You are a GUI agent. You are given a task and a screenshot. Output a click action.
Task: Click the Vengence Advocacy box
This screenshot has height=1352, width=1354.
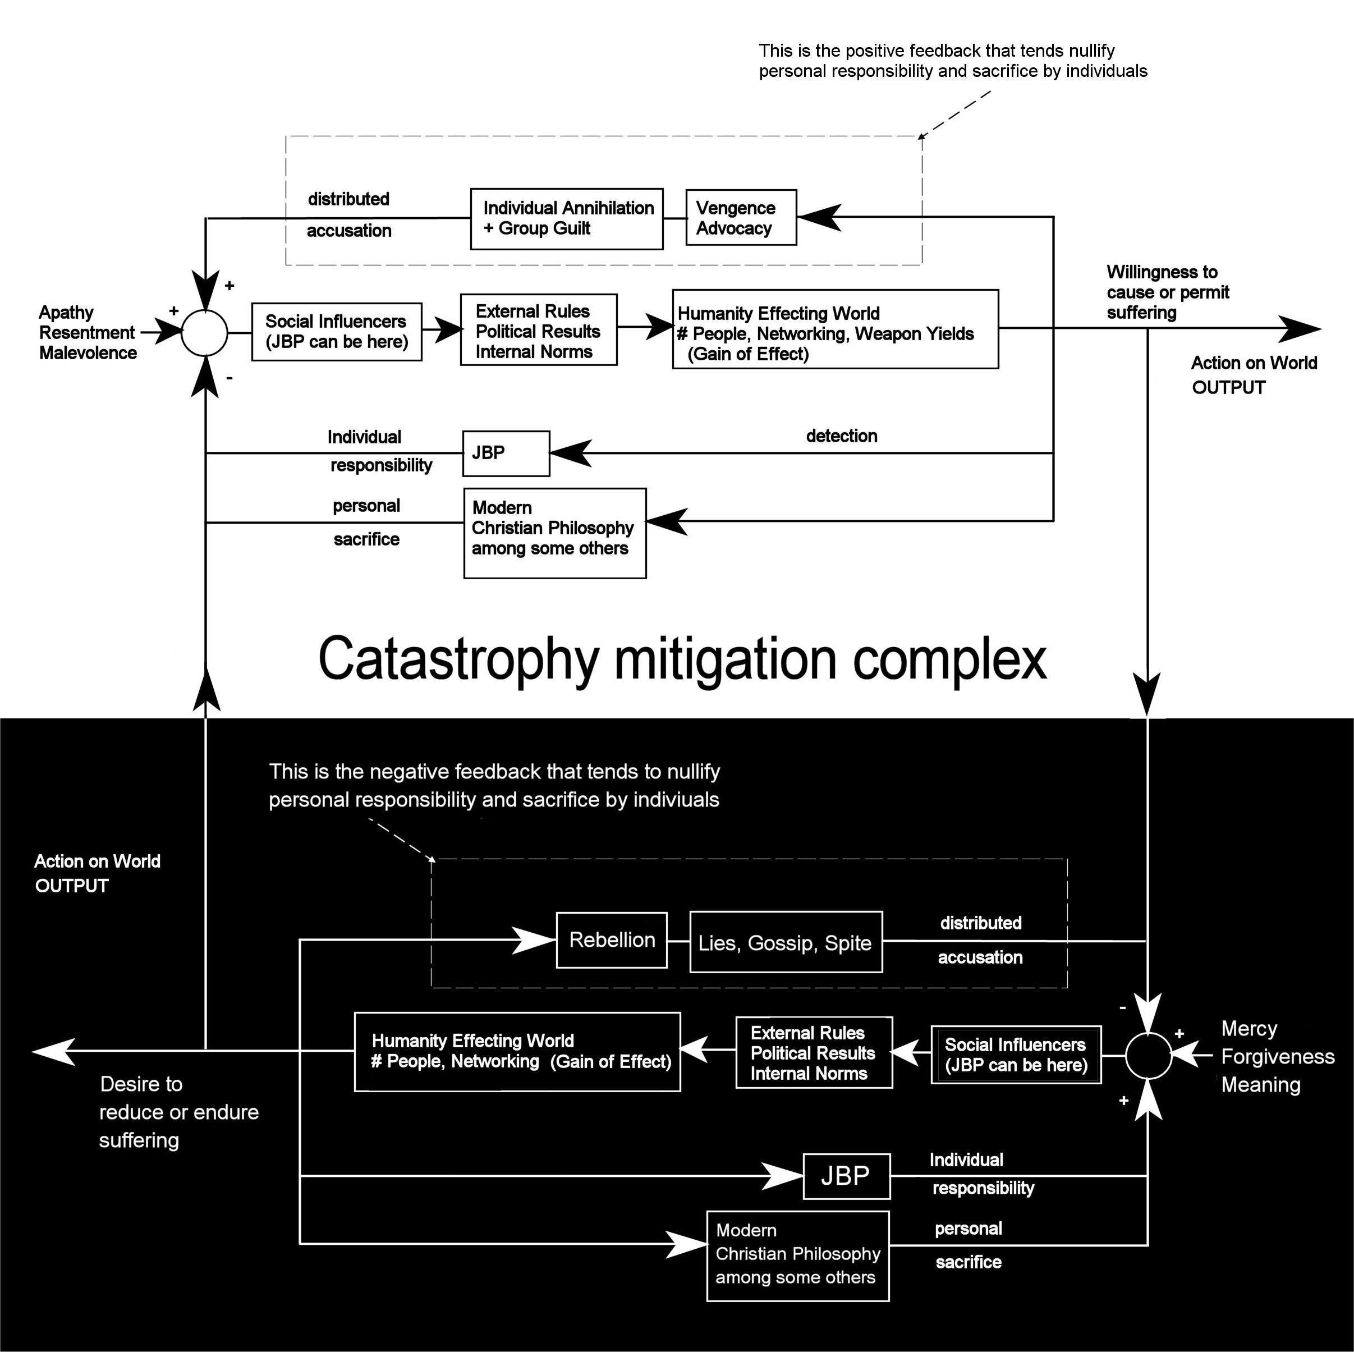point(741,217)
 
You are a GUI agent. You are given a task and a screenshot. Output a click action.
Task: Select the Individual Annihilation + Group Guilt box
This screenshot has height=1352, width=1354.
point(566,219)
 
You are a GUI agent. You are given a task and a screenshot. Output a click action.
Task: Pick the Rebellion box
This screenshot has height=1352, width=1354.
point(611,940)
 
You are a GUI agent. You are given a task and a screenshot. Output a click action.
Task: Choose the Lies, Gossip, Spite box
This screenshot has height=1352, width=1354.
point(786,942)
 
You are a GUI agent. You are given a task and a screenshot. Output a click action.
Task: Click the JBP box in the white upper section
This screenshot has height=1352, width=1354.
point(506,453)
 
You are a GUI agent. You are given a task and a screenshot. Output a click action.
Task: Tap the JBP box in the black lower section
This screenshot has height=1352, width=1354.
point(847,1175)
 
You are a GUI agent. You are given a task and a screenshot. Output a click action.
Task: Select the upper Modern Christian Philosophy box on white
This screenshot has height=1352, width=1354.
point(554,533)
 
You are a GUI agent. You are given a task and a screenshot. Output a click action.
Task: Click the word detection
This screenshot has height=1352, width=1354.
point(841,436)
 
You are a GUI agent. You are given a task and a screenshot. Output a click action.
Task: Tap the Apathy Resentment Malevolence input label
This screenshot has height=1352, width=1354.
point(88,333)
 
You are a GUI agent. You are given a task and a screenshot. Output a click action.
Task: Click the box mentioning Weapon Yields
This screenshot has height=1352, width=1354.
point(835,329)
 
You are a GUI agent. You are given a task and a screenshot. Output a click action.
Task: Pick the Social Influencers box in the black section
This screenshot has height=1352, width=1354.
point(1016,1055)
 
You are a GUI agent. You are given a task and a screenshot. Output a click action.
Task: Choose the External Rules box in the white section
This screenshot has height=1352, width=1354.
point(538,330)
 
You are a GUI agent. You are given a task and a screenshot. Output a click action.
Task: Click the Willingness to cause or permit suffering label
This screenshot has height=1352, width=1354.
point(1168,292)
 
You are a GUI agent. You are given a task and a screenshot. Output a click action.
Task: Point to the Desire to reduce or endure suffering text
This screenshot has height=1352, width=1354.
point(178,1112)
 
